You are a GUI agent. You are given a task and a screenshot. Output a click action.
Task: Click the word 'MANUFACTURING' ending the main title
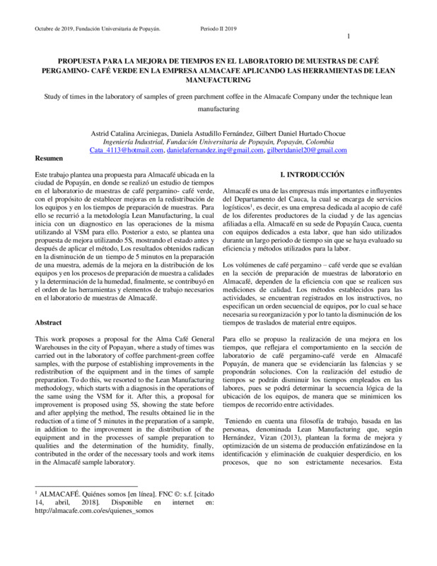coord(218,81)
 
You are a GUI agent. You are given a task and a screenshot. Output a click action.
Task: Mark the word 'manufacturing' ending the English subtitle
coord(218,110)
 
